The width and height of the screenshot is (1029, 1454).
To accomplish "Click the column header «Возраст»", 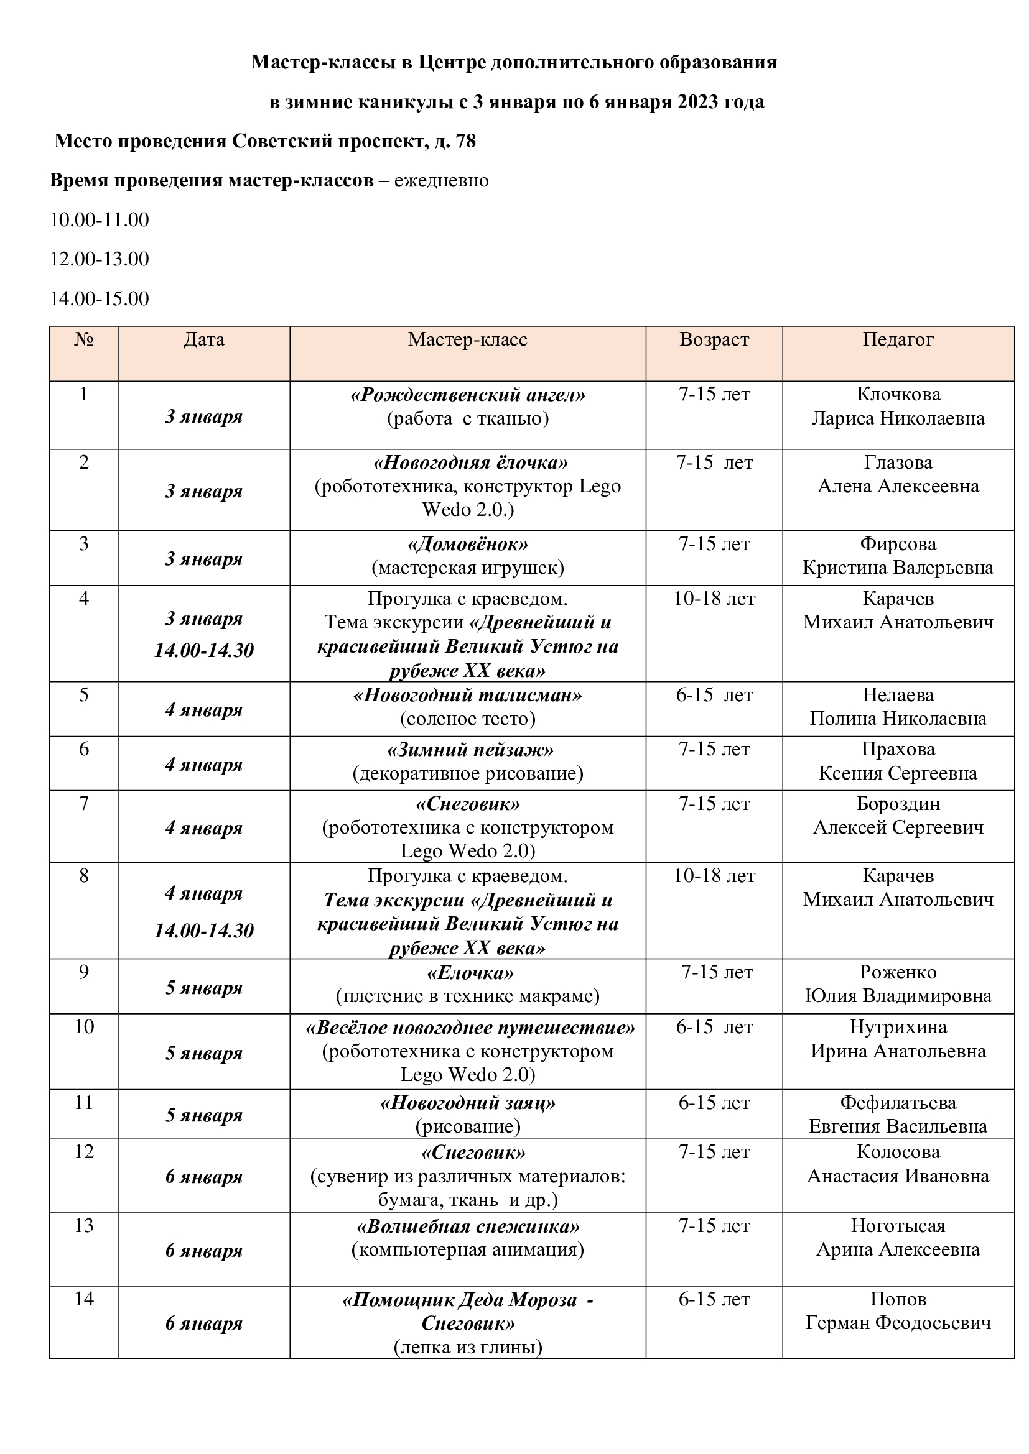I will point(714,340).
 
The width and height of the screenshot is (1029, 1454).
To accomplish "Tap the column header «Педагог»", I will point(898,340).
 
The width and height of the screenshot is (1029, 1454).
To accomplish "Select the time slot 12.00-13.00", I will point(100,259).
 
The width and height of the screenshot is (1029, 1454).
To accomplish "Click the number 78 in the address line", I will point(466,141).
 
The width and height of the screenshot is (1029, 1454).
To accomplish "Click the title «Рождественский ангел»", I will point(468,395).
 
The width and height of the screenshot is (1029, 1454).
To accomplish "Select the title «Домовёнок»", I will point(468,544).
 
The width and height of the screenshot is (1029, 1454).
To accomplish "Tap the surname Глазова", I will point(898,462).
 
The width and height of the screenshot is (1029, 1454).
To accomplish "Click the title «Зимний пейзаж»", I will point(470,750).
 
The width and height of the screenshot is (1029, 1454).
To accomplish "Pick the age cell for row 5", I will point(714,696).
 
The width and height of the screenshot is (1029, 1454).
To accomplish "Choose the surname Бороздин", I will point(898,804).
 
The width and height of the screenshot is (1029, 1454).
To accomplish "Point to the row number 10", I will point(83,1026).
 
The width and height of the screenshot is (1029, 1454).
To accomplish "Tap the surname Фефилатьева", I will point(898,1103).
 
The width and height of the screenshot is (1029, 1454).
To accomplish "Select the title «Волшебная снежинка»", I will point(468,1226).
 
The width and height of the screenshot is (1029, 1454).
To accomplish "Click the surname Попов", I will point(898,1299).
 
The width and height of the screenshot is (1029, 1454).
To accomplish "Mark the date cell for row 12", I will point(204,1177).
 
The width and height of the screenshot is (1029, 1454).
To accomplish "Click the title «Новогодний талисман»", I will point(468,696).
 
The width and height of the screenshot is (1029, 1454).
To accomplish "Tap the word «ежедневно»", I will point(442,180).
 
